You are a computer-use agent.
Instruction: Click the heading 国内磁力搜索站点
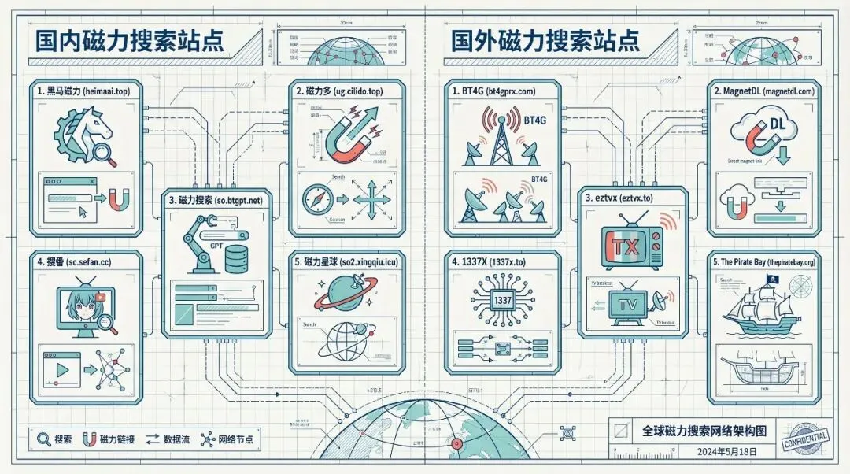pos(118,41)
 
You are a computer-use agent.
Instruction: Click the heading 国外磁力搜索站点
pos(545,41)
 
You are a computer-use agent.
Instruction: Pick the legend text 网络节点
pos(237,439)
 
